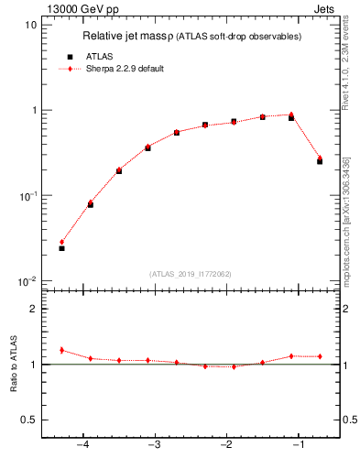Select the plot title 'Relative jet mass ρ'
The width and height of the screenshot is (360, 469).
[x=127, y=37]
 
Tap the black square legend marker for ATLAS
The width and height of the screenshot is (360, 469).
[x=70, y=57]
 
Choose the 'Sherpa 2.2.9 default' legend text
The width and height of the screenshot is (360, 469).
[x=125, y=69]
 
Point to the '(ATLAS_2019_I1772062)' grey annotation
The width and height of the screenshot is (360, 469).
[x=191, y=273]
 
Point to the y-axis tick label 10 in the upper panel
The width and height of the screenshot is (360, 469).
[x=30, y=25]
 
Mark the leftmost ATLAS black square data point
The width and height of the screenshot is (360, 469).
[x=61, y=248]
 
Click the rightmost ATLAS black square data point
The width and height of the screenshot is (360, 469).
[x=320, y=161]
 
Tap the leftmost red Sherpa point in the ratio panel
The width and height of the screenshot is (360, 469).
[x=61, y=350]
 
